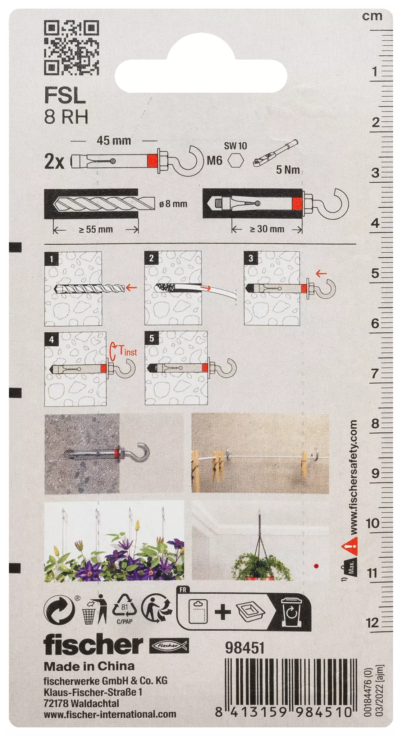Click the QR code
(x=71, y=48)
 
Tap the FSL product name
(x=65, y=96)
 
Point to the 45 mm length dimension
(x=114, y=141)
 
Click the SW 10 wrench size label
(x=236, y=146)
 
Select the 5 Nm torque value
(x=288, y=170)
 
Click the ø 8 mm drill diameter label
(x=173, y=204)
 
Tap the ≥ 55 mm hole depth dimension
(x=96, y=229)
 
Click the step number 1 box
(x=51, y=259)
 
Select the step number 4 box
(x=51, y=339)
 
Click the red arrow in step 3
(x=321, y=274)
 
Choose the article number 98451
(x=245, y=648)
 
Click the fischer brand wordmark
(x=93, y=645)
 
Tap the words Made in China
(x=89, y=666)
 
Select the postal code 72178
(x=56, y=703)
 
